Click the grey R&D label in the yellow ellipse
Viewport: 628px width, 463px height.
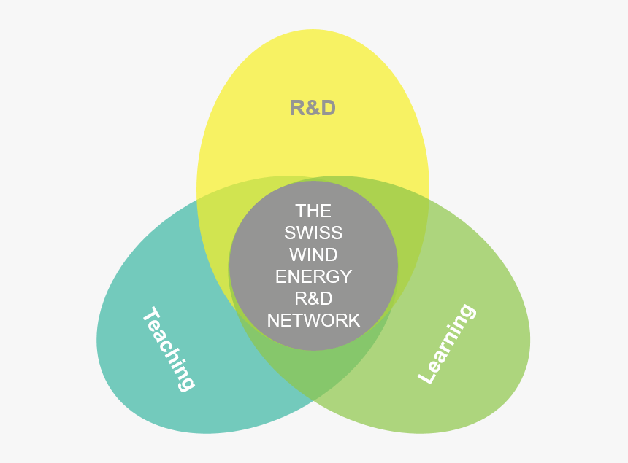coord(313,108)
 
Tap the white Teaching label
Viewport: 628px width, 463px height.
coord(168,349)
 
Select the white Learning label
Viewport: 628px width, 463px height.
coord(446,343)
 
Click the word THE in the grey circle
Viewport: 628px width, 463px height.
coord(313,211)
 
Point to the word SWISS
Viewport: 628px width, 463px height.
coord(313,233)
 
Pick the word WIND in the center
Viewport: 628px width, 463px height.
coord(313,255)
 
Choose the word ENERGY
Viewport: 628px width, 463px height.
coord(313,277)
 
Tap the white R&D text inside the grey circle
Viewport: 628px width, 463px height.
coord(313,298)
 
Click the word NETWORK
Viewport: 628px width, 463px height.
coord(313,320)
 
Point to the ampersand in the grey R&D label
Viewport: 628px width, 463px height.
coord(313,109)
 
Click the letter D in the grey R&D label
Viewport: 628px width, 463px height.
coord(328,108)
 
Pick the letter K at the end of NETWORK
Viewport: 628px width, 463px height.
coord(354,320)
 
